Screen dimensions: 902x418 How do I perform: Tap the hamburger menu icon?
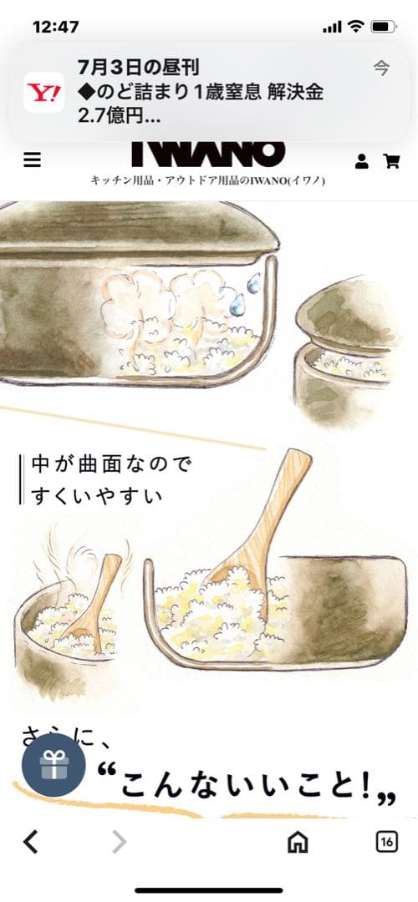click(x=32, y=160)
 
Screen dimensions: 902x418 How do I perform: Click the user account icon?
click(x=362, y=161)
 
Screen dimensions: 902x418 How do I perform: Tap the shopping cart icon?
click(x=390, y=161)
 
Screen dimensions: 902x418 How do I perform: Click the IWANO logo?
click(x=208, y=154)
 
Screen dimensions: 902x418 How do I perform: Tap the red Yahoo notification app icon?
click(x=44, y=92)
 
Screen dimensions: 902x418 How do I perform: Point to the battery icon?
click(x=383, y=27)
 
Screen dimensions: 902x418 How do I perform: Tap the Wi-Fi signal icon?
click(x=356, y=27)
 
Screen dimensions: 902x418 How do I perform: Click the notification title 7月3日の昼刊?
click(x=138, y=67)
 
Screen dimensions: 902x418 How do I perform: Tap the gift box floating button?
click(x=54, y=765)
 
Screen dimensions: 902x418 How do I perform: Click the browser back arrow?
click(x=31, y=842)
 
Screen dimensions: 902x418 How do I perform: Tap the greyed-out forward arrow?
click(x=120, y=842)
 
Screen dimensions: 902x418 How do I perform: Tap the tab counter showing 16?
click(x=386, y=842)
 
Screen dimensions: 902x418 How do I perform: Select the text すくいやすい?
click(x=97, y=495)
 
